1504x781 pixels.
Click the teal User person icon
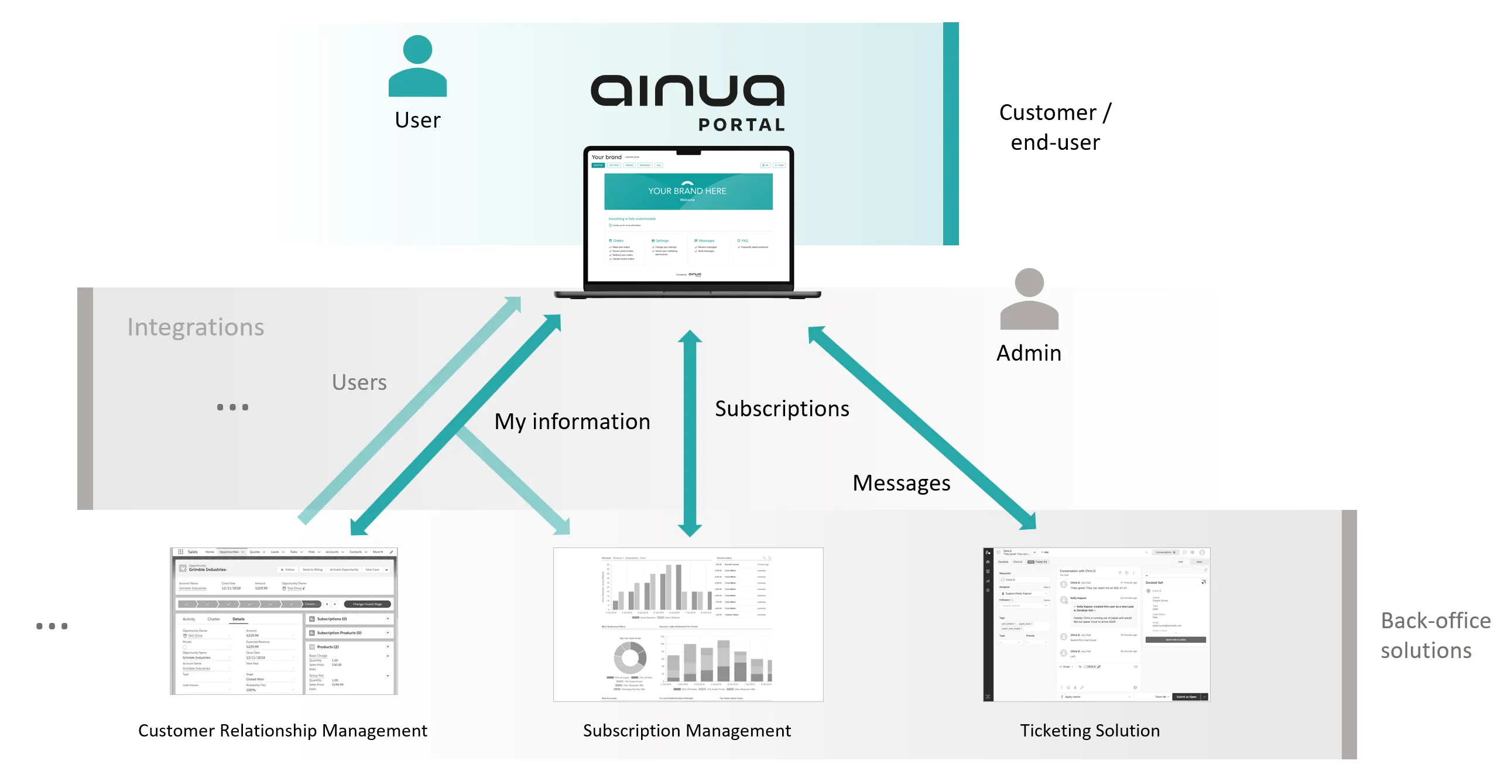[417, 66]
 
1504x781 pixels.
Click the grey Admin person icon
[1029, 299]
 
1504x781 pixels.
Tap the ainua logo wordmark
[687, 91]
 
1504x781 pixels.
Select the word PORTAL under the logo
[741, 125]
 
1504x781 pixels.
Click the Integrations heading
[196, 327]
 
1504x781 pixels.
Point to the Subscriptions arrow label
[782, 409]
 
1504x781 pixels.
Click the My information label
[572, 422]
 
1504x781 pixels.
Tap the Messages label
[901, 483]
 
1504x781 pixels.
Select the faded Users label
[359, 382]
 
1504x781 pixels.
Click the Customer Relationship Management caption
[283, 731]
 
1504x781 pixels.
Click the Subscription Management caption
[687, 731]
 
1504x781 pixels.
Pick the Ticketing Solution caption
[1090, 731]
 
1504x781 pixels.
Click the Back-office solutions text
[1434, 635]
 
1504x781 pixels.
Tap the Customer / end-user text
[1055, 127]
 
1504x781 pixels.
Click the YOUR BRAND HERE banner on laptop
[688, 191]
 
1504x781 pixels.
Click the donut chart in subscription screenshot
[629, 657]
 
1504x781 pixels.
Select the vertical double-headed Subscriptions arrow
[690, 433]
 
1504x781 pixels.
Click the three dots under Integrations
[232, 407]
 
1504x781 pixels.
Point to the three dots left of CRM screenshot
[52, 626]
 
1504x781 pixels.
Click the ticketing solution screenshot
[1096, 624]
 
